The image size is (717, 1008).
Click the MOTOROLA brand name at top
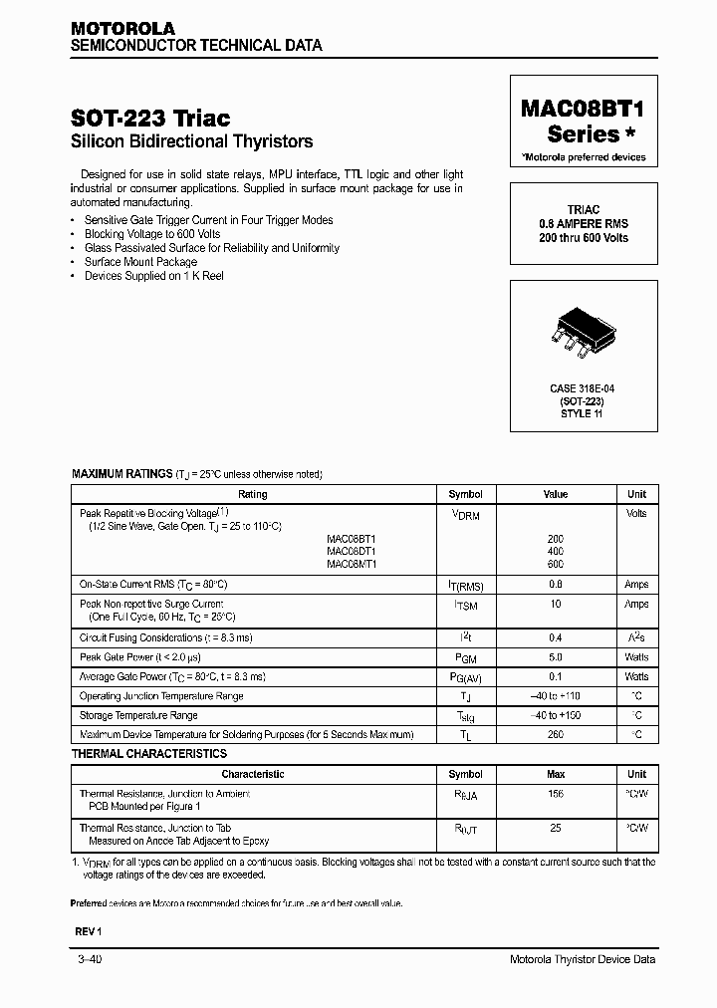tap(122, 29)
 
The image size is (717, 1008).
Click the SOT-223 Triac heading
tap(150, 118)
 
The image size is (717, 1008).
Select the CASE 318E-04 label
tap(584, 388)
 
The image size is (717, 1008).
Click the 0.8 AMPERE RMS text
tap(584, 224)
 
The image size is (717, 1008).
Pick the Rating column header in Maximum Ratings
tap(253, 494)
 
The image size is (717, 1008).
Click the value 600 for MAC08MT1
tap(555, 564)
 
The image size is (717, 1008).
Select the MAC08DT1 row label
tap(352, 551)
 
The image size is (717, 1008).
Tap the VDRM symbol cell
tap(465, 515)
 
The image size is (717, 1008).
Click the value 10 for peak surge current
tap(555, 604)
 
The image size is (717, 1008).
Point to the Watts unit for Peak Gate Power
tap(636, 657)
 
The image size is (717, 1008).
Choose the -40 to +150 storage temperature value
tap(555, 715)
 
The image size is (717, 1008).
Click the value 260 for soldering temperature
tap(555, 734)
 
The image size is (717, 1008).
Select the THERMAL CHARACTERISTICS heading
tap(149, 754)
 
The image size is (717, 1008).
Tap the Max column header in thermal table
tap(555, 774)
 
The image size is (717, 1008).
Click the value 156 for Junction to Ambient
tap(555, 794)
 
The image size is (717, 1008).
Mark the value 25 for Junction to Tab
tap(555, 828)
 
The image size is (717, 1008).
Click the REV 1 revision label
tap(89, 930)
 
